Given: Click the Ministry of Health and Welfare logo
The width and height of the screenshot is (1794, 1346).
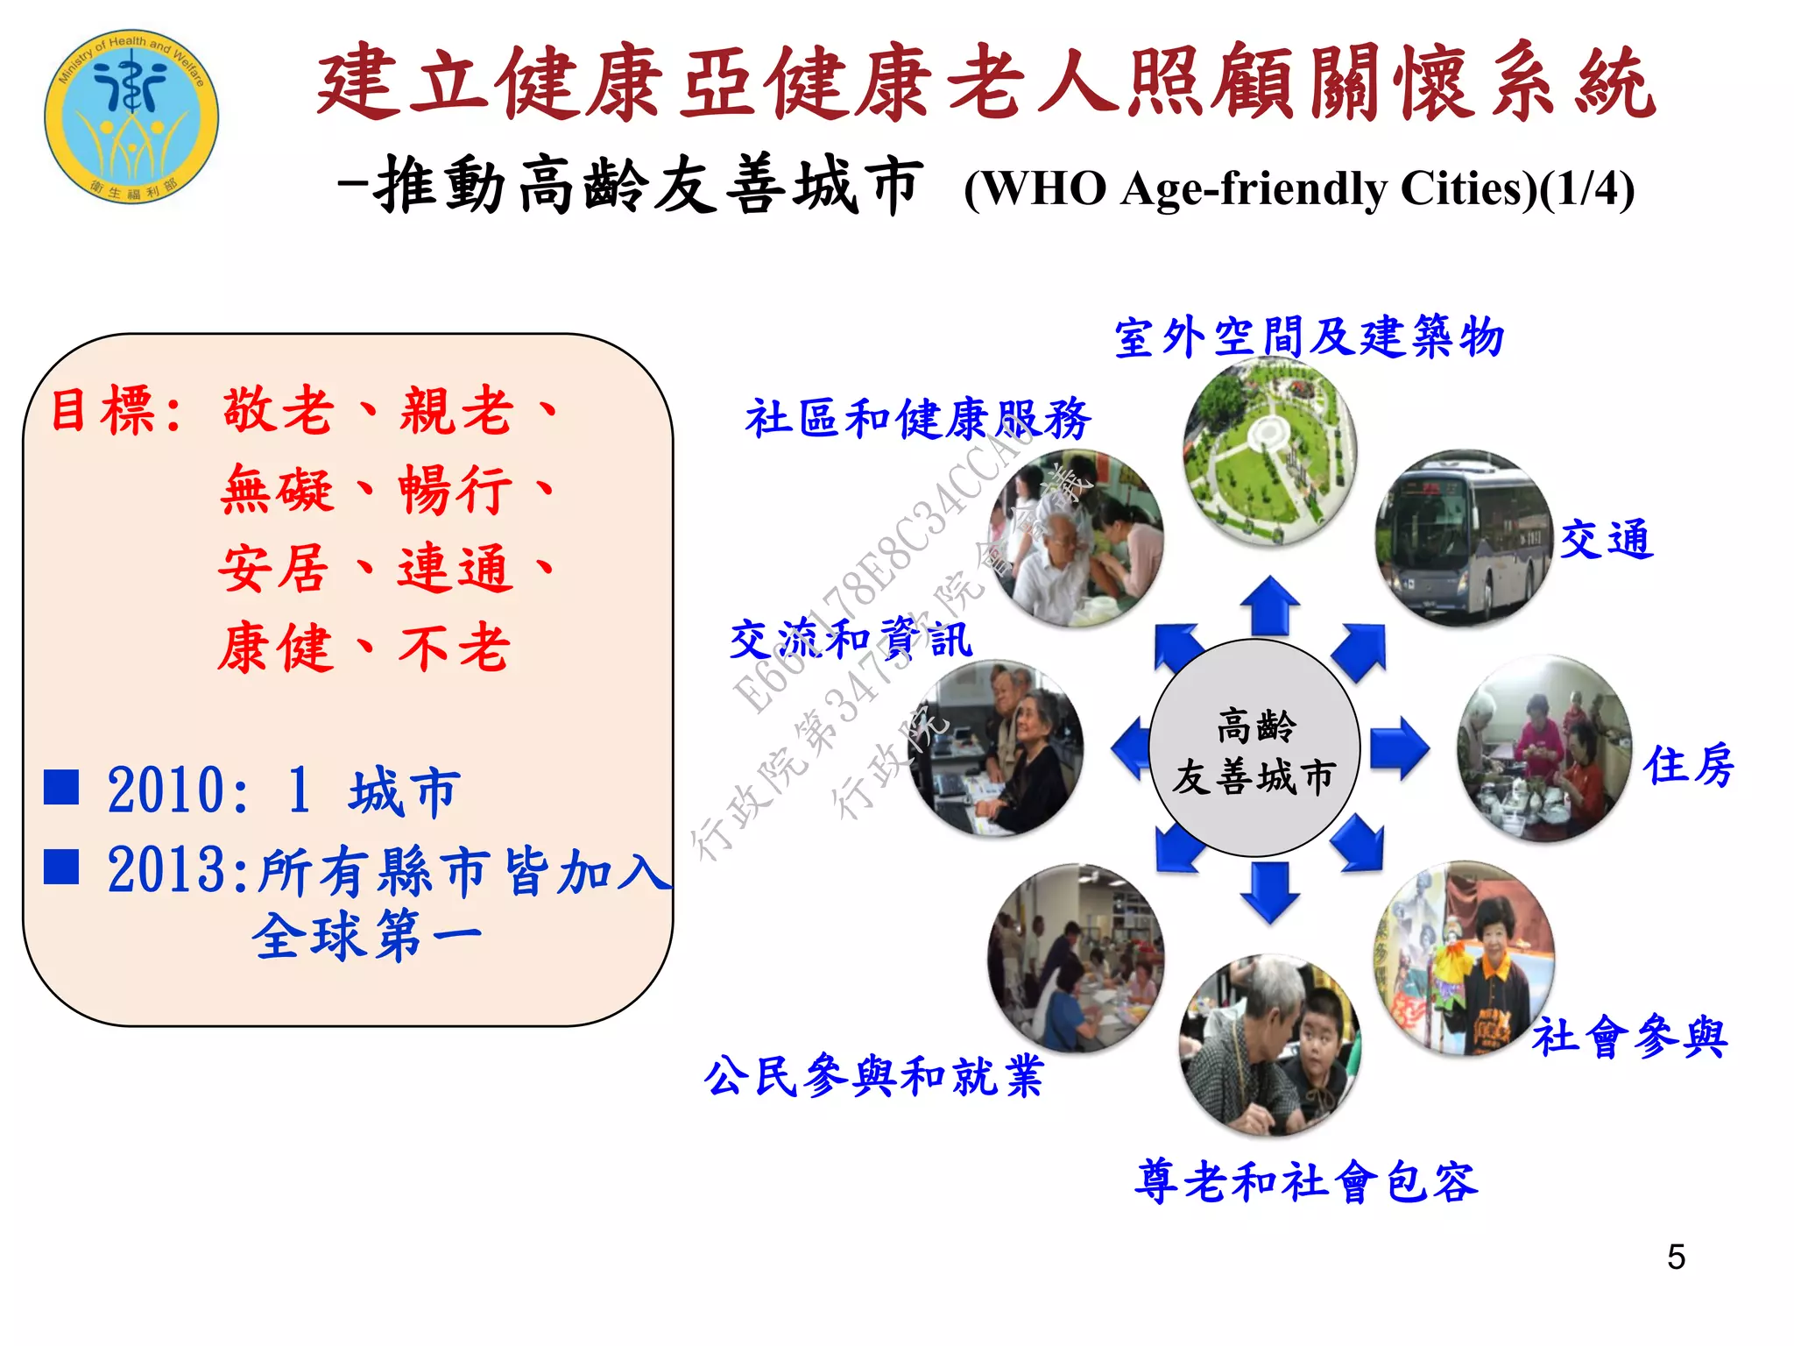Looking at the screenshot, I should [x=131, y=116].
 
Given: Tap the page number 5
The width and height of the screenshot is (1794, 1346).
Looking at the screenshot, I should [x=1676, y=1257].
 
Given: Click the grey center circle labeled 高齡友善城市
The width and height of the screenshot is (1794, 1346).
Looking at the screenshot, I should [x=1254, y=748].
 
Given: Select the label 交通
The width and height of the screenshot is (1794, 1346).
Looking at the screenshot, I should [x=1607, y=539].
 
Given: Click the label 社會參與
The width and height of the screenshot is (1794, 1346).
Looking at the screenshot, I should [x=1629, y=1038].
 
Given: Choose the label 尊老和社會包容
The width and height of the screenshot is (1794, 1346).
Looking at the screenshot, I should [x=1306, y=1181].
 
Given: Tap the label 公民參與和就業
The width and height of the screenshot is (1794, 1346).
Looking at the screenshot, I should [x=873, y=1076].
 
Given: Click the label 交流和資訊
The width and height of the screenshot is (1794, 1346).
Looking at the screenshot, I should [x=851, y=639].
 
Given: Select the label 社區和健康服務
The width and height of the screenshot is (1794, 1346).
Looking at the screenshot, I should [x=918, y=418].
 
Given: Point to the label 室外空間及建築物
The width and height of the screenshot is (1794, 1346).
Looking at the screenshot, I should [x=1309, y=337].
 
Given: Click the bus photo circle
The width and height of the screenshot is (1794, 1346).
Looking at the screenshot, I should [x=1463, y=538].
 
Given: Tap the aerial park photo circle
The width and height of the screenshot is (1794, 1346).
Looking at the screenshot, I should [x=1269, y=450].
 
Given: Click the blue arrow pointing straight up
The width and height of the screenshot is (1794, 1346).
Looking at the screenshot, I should [x=1269, y=605].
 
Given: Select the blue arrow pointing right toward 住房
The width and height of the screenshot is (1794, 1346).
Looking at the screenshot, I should [x=1399, y=747].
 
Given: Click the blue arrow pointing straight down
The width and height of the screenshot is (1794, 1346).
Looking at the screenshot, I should [x=1269, y=891].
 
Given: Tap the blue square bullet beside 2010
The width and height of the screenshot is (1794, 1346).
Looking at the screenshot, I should [x=61, y=787].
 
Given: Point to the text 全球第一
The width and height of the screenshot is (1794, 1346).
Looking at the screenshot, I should [x=367, y=936].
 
